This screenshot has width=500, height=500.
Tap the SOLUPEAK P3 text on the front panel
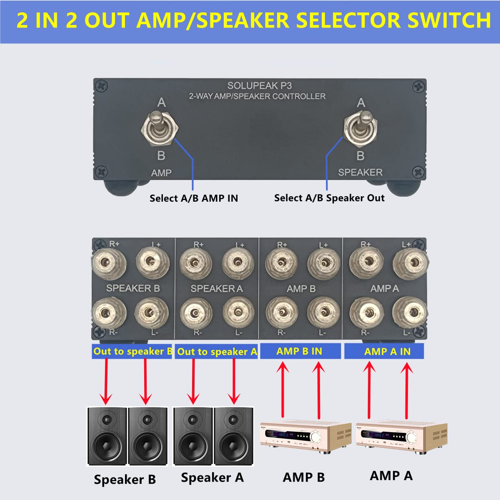(x=259, y=86)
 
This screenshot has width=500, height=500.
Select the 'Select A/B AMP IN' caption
(x=194, y=198)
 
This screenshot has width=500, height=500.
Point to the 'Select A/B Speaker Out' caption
(x=329, y=198)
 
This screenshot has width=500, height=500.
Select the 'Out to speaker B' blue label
(x=132, y=351)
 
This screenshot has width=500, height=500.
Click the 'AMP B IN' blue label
(x=299, y=351)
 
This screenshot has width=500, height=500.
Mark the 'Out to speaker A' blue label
(x=217, y=352)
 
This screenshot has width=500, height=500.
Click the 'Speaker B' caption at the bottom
(x=125, y=479)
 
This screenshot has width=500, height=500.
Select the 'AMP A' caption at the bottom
(x=391, y=475)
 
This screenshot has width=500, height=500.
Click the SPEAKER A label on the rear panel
(x=216, y=288)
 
